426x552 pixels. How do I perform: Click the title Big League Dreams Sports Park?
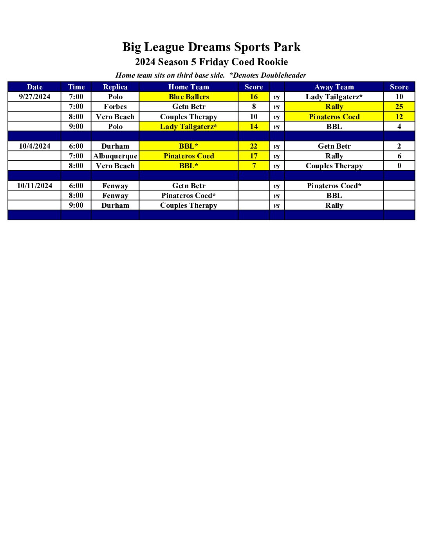click(x=211, y=47)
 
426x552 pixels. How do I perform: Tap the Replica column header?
click(x=115, y=87)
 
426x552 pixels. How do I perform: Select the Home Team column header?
click(x=189, y=87)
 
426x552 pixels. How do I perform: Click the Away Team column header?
click(x=334, y=87)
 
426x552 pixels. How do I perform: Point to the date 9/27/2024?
click(x=34, y=97)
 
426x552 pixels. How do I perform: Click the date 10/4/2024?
click(x=34, y=146)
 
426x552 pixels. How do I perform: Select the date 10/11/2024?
click(x=34, y=186)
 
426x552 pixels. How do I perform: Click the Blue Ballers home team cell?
click(x=189, y=97)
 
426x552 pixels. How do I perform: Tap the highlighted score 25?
click(x=399, y=107)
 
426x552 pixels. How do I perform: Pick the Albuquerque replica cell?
click(x=115, y=156)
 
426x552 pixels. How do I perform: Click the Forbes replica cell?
click(x=115, y=107)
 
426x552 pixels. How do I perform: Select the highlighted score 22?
click(x=254, y=146)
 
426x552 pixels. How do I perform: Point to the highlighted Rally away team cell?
click(x=334, y=107)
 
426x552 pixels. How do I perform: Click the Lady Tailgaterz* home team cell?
click(x=189, y=127)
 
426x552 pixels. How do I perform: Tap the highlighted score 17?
click(x=254, y=156)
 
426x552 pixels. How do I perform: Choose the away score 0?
click(x=399, y=166)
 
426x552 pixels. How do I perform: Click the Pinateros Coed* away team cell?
click(x=334, y=186)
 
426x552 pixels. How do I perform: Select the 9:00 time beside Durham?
click(x=76, y=205)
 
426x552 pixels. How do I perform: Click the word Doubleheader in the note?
click(x=283, y=75)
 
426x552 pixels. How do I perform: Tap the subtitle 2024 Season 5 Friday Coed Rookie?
click(x=211, y=62)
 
